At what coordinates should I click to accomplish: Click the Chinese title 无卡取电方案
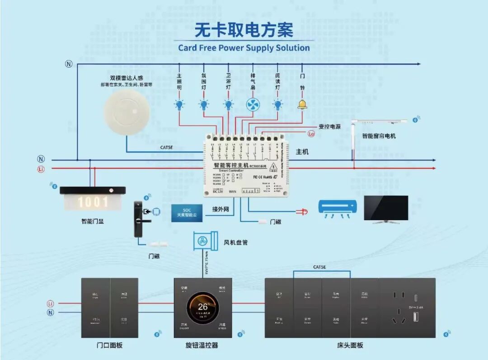pos(244,30)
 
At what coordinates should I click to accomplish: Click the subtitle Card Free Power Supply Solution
pos(244,48)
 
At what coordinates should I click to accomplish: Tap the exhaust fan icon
pos(253,105)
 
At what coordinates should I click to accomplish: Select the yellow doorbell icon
pos(302,104)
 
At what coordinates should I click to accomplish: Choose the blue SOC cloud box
pos(187,213)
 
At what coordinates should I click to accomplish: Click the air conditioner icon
pos(338,208)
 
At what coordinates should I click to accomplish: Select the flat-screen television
pos(386,208)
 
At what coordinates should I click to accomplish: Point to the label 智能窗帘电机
pos(379,136)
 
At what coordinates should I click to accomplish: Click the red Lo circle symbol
pos(311,134)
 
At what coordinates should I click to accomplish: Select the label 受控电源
pos(329,127)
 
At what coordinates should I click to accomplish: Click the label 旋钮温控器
pos(202,346)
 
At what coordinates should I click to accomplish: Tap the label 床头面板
pos(350,346)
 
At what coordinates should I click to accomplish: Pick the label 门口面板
pos(109,346)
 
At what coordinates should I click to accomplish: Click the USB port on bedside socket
pos(415,317)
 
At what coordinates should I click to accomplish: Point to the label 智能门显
pos(93,222)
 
